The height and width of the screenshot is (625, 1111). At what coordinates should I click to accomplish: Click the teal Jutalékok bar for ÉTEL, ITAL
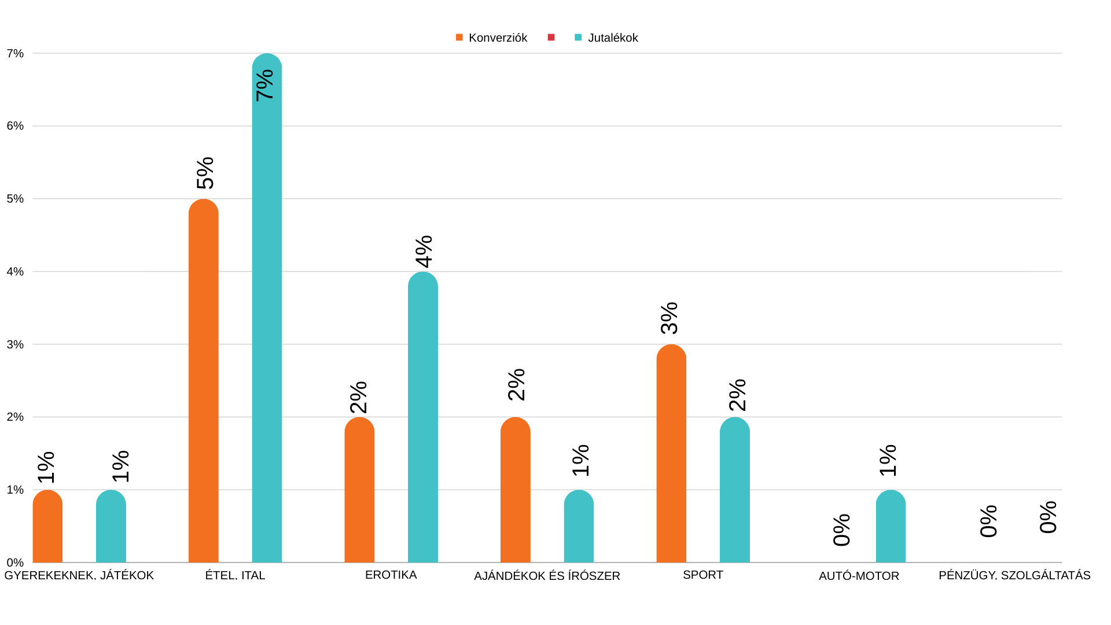(x=267, y=312)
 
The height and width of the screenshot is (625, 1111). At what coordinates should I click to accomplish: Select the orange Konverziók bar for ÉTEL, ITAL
(x=204, y=382)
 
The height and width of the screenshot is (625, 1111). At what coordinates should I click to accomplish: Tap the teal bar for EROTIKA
(x=423, y=417)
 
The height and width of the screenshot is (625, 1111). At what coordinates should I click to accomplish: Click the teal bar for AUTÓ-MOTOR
(x=891, y=527)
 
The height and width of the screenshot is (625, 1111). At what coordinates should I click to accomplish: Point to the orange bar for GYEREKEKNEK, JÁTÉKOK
(x=47, y=527)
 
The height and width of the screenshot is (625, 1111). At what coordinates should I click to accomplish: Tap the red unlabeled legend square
(x=551, y=38)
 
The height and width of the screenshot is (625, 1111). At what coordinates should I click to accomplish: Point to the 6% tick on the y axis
(x=16, y=126)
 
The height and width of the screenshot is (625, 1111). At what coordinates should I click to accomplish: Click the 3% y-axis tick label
(x=16, y=344)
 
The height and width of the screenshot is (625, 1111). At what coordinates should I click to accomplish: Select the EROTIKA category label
(x=391, y=575)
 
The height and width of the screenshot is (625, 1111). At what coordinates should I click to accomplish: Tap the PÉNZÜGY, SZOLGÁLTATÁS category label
(x=1014, y=575)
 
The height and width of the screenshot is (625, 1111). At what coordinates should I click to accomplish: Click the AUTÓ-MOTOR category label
(x=859, y=576)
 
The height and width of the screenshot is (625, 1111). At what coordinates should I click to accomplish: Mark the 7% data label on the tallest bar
(x=265, y=85)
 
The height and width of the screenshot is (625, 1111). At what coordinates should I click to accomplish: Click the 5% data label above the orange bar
(x=205, y=173)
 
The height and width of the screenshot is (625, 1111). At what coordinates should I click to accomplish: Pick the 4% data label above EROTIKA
(x=424, y=252)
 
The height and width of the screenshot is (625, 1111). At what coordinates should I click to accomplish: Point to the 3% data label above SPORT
(x=669, y=318)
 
